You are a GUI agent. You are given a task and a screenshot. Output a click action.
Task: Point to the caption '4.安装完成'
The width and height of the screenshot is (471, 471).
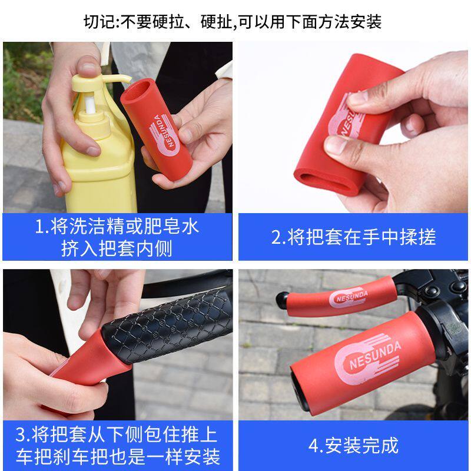click(353, 445)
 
